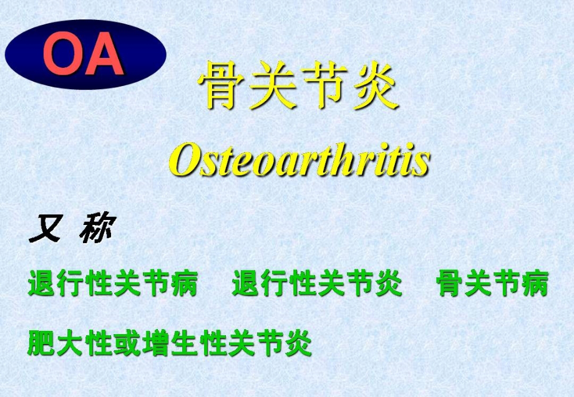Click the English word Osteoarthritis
(x=299, y=161)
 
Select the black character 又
(x=44, y=231)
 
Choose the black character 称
(x=97, y=231)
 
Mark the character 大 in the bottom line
(x=70, y=342)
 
